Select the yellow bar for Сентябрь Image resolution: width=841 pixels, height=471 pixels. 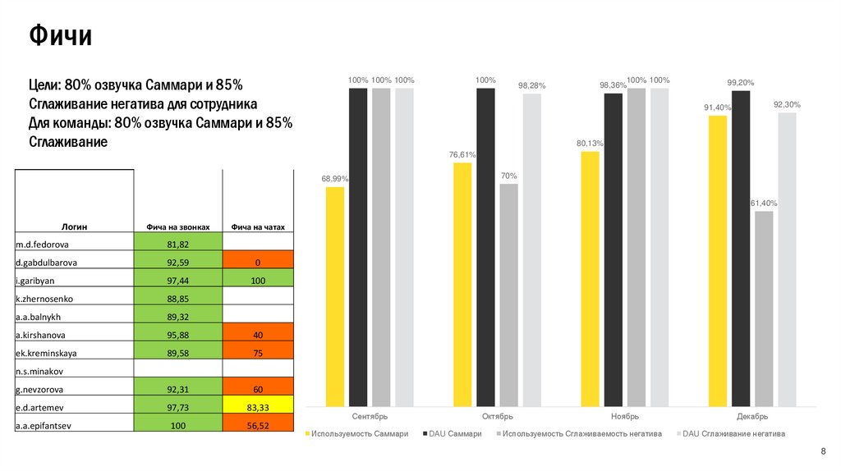(x=335, y=296)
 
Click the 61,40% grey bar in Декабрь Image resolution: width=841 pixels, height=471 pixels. (x=764, y=309)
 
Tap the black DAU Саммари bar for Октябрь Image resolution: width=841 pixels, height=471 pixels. (x=485, y=247)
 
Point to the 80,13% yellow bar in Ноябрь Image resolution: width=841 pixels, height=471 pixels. (x=590, y=278)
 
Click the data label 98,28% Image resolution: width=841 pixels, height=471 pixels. (x=531, y=86)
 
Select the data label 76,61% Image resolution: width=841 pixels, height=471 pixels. (x=462, y=155)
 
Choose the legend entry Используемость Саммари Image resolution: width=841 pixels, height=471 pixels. (x=358, y=433)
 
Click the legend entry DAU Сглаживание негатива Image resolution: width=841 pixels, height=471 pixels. (x=733, y=433)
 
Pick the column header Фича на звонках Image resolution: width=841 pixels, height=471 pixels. (x=178, y=226)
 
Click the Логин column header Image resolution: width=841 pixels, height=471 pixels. (x=75, y=226)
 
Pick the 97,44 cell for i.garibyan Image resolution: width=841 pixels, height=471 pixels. (x=178, y=281)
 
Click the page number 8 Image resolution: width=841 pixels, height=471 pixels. (x=823, y=453)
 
